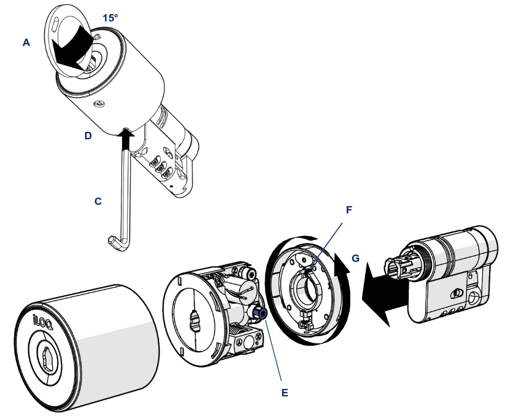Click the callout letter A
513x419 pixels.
click(26, 42)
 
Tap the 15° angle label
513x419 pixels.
click(110, 18)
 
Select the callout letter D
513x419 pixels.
click(88, 136)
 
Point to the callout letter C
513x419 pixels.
click(98, 201)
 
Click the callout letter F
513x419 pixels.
click(349, 209)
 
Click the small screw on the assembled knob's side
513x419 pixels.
click(98, 105)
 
